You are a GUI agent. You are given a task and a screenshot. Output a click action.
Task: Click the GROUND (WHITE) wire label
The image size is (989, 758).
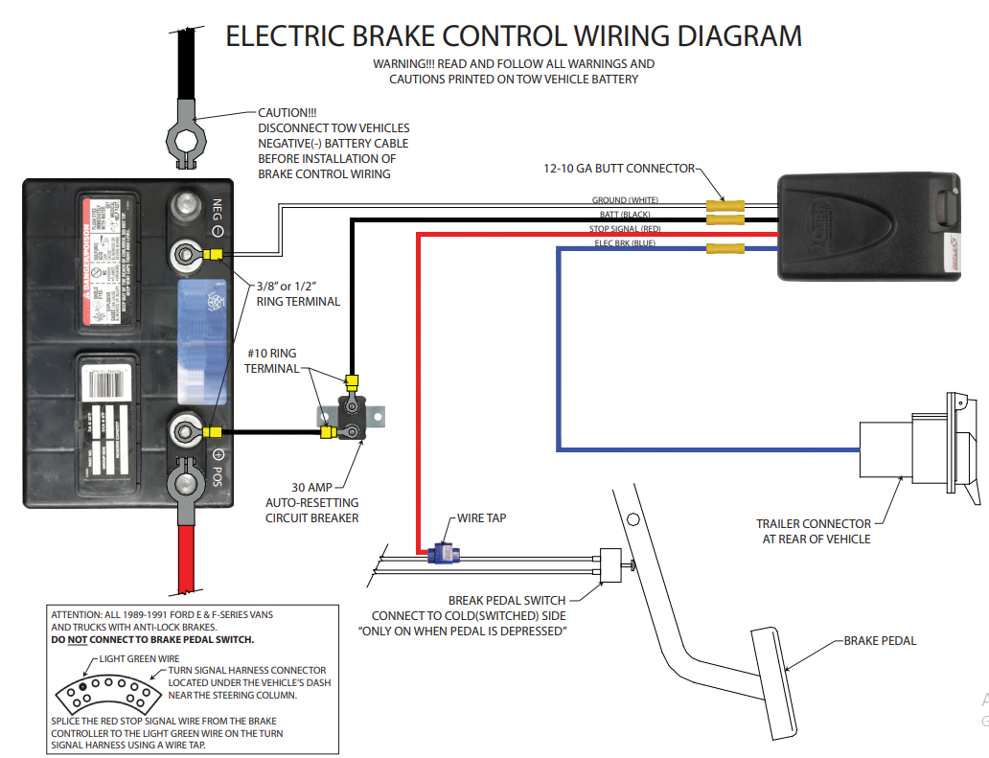[625, 200]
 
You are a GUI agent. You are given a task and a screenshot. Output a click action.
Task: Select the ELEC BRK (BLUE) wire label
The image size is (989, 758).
[625, 243]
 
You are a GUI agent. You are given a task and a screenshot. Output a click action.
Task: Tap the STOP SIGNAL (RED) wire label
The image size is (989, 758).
[625, 229]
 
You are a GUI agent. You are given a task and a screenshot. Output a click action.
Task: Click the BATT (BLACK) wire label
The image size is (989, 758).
[625, 215]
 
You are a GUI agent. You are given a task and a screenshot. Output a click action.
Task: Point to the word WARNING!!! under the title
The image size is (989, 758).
[405, 64]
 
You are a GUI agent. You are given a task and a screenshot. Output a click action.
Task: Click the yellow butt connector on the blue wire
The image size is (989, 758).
[725, 249]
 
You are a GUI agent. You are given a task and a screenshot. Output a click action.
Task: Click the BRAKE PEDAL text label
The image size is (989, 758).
[880, 640]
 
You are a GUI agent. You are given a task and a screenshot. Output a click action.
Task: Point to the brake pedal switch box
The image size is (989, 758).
[610, 565]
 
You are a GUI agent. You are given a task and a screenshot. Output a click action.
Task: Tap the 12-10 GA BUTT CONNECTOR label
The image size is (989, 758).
[618, 169]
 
